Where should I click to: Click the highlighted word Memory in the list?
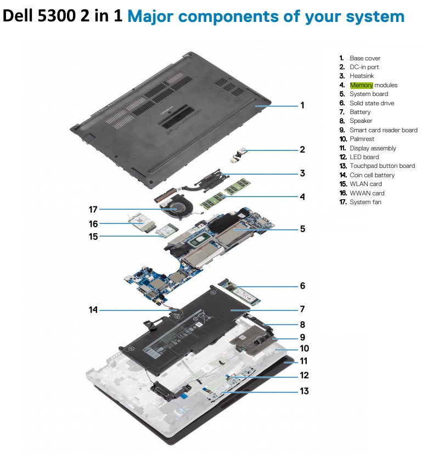(x=362, y=85)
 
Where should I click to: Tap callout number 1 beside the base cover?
(x=302, y=104)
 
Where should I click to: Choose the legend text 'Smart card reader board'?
(x=383, y=130)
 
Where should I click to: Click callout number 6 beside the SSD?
(x=302, y=286)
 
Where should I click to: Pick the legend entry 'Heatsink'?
(x=363, y=76)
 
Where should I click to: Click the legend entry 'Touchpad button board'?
(x=382, y=166)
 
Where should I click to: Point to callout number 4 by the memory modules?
(x=302, y=196)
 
